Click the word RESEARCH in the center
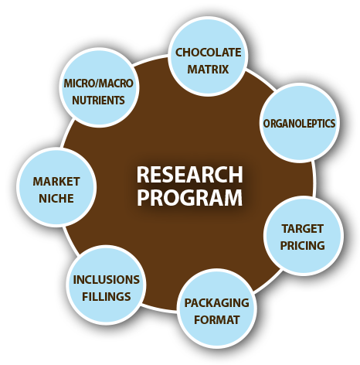tap(190, 175)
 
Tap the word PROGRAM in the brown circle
tap(190, 197)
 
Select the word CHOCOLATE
tap(208, 53)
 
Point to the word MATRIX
tap(208, 69)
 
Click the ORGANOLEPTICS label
tap(299, 124)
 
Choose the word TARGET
tap(302, 229)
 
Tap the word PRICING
tap(302, 245)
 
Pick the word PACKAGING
tap(216, 303)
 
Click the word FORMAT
tap(216, 319)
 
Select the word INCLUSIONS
tap(106, 280)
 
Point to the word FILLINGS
tap(106, 296)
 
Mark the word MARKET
tap(56, 182)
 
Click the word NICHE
tap(56, 198)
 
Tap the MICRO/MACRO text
tap(98, 84)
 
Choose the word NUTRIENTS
tap(98, 100)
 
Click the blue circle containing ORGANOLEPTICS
tap(299, 123)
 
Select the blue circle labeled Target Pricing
tap(303, 236)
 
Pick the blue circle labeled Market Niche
tap(56, 188)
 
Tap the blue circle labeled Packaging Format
tap(216, 309)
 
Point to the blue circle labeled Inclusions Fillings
tap(106, 285)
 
